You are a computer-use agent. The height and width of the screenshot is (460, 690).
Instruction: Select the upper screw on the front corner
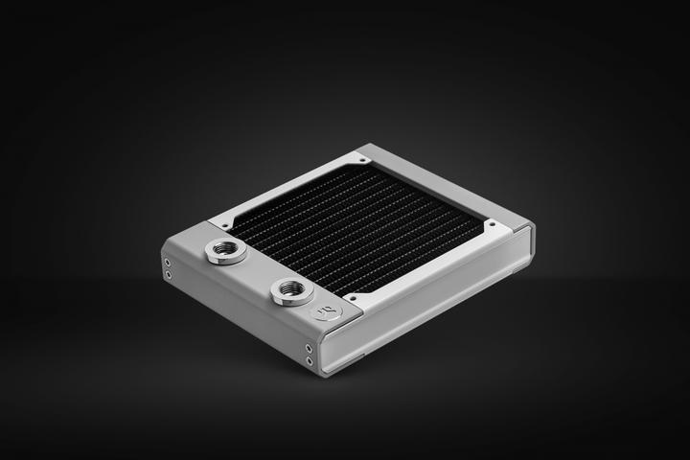click(309, 346)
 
